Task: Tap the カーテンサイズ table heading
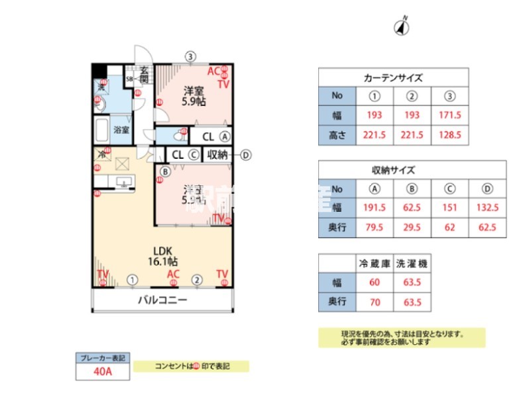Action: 393,77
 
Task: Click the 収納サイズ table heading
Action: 393,170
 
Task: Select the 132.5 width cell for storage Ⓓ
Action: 487,207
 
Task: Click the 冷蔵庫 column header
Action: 374,263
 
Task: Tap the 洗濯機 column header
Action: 412,263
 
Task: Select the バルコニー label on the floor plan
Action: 162,300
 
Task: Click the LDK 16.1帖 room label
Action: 163,256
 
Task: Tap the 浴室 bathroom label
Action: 121,130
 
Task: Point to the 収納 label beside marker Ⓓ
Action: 217,155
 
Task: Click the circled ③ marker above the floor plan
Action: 190,56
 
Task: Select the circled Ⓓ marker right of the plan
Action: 246,155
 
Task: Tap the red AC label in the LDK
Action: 173,274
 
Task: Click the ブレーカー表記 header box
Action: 102,359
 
